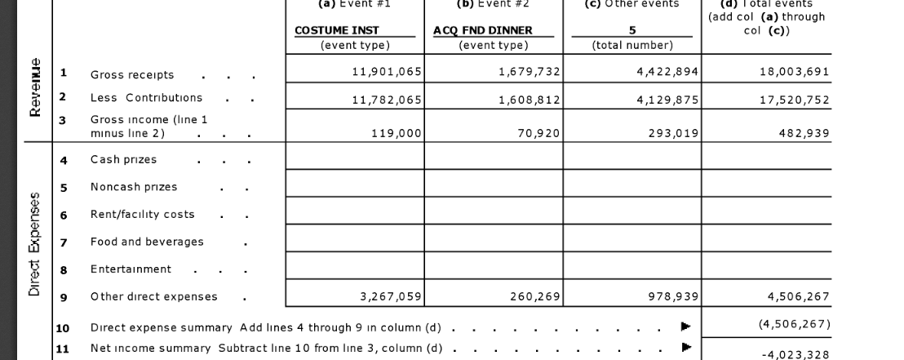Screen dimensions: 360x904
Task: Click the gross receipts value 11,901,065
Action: (386, 72)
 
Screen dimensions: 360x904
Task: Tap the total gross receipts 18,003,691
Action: (794, 72)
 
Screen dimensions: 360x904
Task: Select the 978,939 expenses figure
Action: (671, 296)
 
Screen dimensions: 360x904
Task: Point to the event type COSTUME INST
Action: (336, 30)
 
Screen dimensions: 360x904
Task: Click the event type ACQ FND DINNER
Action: (482, 30)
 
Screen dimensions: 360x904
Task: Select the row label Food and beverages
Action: (147, 242)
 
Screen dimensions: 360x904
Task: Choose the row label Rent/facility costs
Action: (142, 214)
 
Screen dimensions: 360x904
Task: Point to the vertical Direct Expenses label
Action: (35, 245)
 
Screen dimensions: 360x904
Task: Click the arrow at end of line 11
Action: (686, 348)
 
